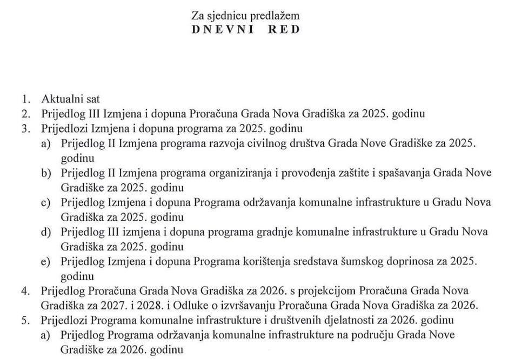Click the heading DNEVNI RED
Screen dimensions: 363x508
click(x=246, y=29)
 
